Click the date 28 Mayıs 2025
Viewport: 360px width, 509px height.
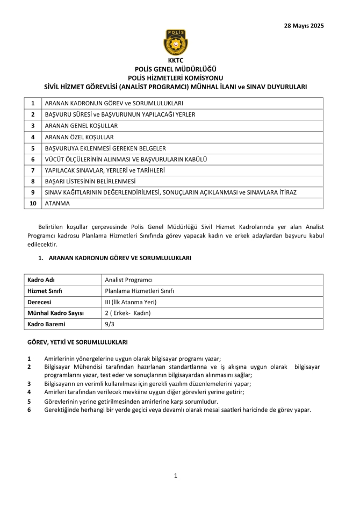click(304, 25)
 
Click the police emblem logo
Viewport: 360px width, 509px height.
click(175, 42)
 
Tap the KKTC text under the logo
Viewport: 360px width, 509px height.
click(175, 60)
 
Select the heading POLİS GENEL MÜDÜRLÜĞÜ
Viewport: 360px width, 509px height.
click(175, 69)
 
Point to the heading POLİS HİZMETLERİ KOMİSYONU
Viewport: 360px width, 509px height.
click(175, 77)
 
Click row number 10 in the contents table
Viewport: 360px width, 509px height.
click(33, 204)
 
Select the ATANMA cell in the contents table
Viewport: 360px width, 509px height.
click(57, 204)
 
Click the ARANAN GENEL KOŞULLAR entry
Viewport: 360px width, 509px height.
click(81, 125)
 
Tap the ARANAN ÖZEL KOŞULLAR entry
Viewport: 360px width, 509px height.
click(79, 137)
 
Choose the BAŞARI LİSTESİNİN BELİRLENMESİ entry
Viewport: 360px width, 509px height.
click(90, 182)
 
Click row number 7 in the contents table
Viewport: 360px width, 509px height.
click(33, 170)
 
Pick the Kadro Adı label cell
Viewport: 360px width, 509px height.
click(41, 279)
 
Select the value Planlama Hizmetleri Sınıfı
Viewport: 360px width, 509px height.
click(139, 291)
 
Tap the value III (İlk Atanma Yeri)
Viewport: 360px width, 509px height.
click(131, 302)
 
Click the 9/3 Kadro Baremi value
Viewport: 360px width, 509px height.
click(110, 324)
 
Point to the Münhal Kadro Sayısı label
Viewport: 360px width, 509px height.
click(55, 313)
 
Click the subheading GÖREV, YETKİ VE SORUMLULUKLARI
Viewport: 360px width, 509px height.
click(77, 342)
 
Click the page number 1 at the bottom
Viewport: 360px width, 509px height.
click(175, 475)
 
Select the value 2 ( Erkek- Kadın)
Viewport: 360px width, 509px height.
click(128, 313)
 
